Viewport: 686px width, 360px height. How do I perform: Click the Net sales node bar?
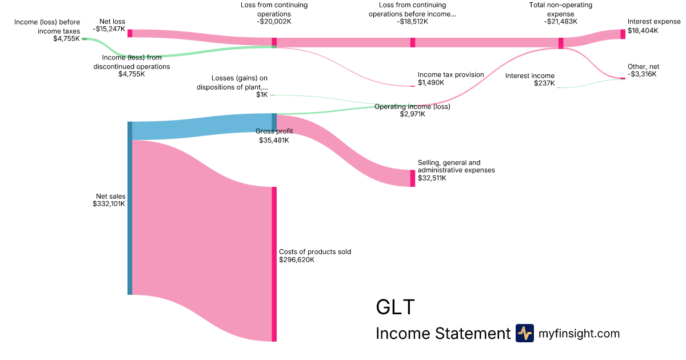click(x=130, y=208)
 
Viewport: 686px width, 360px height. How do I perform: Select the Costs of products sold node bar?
click(x=274, y=264)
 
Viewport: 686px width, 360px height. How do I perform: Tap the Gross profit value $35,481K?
click(x=274, y=140)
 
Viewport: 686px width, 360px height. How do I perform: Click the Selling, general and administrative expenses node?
click(x=413, y=178)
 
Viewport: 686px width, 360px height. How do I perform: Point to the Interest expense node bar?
click(x=623, y=34)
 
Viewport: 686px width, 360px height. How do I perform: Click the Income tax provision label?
click(x=450, y=75)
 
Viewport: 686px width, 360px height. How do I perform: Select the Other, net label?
click(x=643, y=67)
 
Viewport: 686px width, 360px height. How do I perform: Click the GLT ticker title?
click(x=395, y=307)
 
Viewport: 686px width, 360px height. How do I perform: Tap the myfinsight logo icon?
click(x=524, y=333)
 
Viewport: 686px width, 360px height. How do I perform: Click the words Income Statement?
click(x=442, y=334)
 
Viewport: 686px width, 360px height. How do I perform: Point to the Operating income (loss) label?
click(x=412, y=107)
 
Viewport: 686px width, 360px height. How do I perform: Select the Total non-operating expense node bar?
click(x=561, y=43)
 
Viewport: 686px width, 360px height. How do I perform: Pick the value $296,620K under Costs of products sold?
click(x=297, y=260)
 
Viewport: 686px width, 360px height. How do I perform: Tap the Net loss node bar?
click(x=130, y=33)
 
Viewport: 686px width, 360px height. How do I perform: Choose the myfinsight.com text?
click(x=579, y=333)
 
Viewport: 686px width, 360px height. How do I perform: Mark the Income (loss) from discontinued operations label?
click(x=131, y=62)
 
